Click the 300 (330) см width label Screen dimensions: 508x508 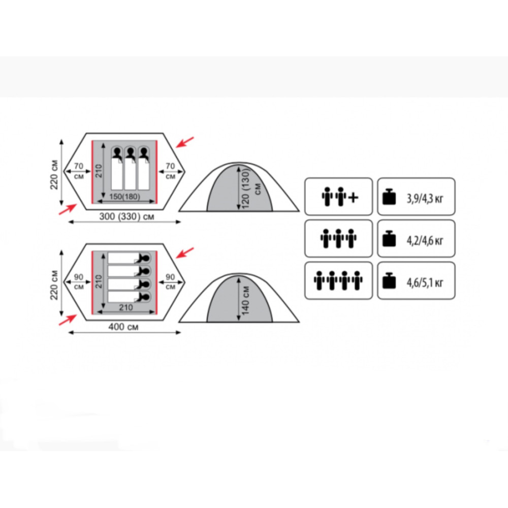[x=126, y=216]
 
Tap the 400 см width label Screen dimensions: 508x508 [x=123, y=327]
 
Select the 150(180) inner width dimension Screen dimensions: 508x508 [x=125, y=197]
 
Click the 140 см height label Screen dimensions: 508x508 [x=245, y=300]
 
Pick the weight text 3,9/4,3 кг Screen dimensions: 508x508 [x=425, y=198]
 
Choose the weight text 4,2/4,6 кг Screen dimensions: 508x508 [x=425, y=240]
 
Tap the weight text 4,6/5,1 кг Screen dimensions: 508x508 [x=425, y=282]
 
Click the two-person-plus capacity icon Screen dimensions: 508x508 [x=339, y=196]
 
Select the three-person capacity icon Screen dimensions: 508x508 [x=338, y=238]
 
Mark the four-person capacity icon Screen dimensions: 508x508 [x=338, y=280]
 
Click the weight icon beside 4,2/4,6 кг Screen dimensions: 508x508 [x=389, y=239]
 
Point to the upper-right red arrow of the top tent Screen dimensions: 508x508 [x=185, y=142]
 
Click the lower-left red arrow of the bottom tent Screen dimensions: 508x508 [x=68, y=320]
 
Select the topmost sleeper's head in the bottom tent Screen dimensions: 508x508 [x=145, y=258]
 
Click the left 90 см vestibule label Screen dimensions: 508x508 [x=79, y=281]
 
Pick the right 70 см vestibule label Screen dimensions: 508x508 [x=170, y=171]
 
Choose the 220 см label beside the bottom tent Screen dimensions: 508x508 [x=54, y=285]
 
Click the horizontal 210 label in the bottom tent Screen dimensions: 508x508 [x=125, y=307]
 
